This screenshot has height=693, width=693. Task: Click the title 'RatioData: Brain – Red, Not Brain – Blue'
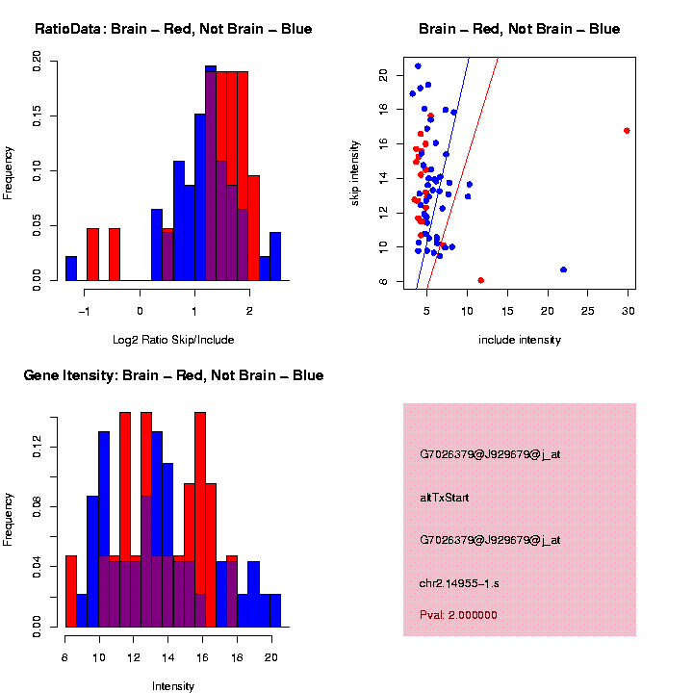tap(173, 29)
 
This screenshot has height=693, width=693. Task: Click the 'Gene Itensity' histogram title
tap(173, 375)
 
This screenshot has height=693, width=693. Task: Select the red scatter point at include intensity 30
tap(627, 130)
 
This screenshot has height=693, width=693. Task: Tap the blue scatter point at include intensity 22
tap(563, 269)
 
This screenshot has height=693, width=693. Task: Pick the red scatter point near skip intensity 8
tap(480, 280)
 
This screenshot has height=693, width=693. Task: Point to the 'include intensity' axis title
tap(520, 340)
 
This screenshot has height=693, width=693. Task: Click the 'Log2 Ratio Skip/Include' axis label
tap(173, 340)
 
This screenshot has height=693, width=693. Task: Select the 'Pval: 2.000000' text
tap(458, 615)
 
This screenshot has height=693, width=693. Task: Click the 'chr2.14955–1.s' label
tap(459, 583)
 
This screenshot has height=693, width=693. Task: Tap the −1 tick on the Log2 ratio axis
tap(86, 311)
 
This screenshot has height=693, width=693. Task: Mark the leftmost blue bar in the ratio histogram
tap(71, 269)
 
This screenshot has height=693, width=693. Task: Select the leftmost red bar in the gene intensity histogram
tap(71, 591)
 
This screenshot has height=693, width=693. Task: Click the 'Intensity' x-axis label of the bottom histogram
tap(173, 686)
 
